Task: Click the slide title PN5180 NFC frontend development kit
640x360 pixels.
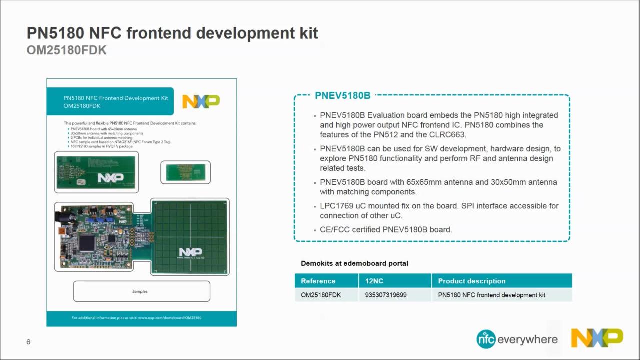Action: point(172,33)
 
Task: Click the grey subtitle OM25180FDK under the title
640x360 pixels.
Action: point(66,50)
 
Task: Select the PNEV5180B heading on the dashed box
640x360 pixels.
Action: point(342,95)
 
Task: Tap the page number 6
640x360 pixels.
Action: point(28,342)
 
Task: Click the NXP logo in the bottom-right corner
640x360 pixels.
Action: point(597,338)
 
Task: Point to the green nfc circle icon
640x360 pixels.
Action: point(486,339)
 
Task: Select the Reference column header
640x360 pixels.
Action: point(318,281)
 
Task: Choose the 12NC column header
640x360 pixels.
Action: point(374,281)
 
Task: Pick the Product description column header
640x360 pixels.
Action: point(472,281)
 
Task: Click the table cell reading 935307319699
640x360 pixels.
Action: point(386,295)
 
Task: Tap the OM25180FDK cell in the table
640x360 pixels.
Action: point(321,295)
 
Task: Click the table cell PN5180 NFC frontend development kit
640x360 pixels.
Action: point(492,295)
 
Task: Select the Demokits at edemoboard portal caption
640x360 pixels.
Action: point(354,263)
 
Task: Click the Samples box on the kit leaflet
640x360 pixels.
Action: point(141,291)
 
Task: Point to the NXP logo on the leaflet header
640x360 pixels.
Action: point(201,101)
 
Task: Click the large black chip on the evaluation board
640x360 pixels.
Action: point(87,243)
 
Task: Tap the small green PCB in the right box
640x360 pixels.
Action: point(185,172)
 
